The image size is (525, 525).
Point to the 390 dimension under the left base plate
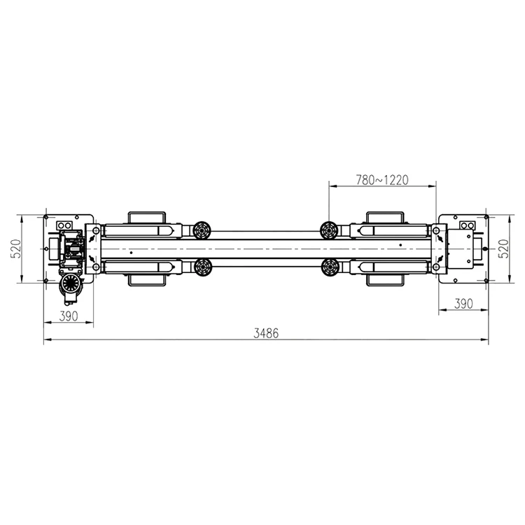(x=68, y=316)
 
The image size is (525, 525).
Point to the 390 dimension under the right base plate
(x=463, y=303)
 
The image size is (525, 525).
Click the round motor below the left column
(x=70, y=284)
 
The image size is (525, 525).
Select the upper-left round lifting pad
(x=204, y=229)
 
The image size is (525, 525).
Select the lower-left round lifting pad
(x=204, y=266)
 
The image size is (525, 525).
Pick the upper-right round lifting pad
(x=328, y=229)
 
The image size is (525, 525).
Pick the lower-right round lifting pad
(x=328, y=266)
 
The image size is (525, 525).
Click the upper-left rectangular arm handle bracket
(x=146, y=216)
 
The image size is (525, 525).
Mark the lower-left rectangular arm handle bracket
(x=146, y=279)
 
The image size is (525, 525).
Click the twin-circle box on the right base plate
(x=466, y=225)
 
